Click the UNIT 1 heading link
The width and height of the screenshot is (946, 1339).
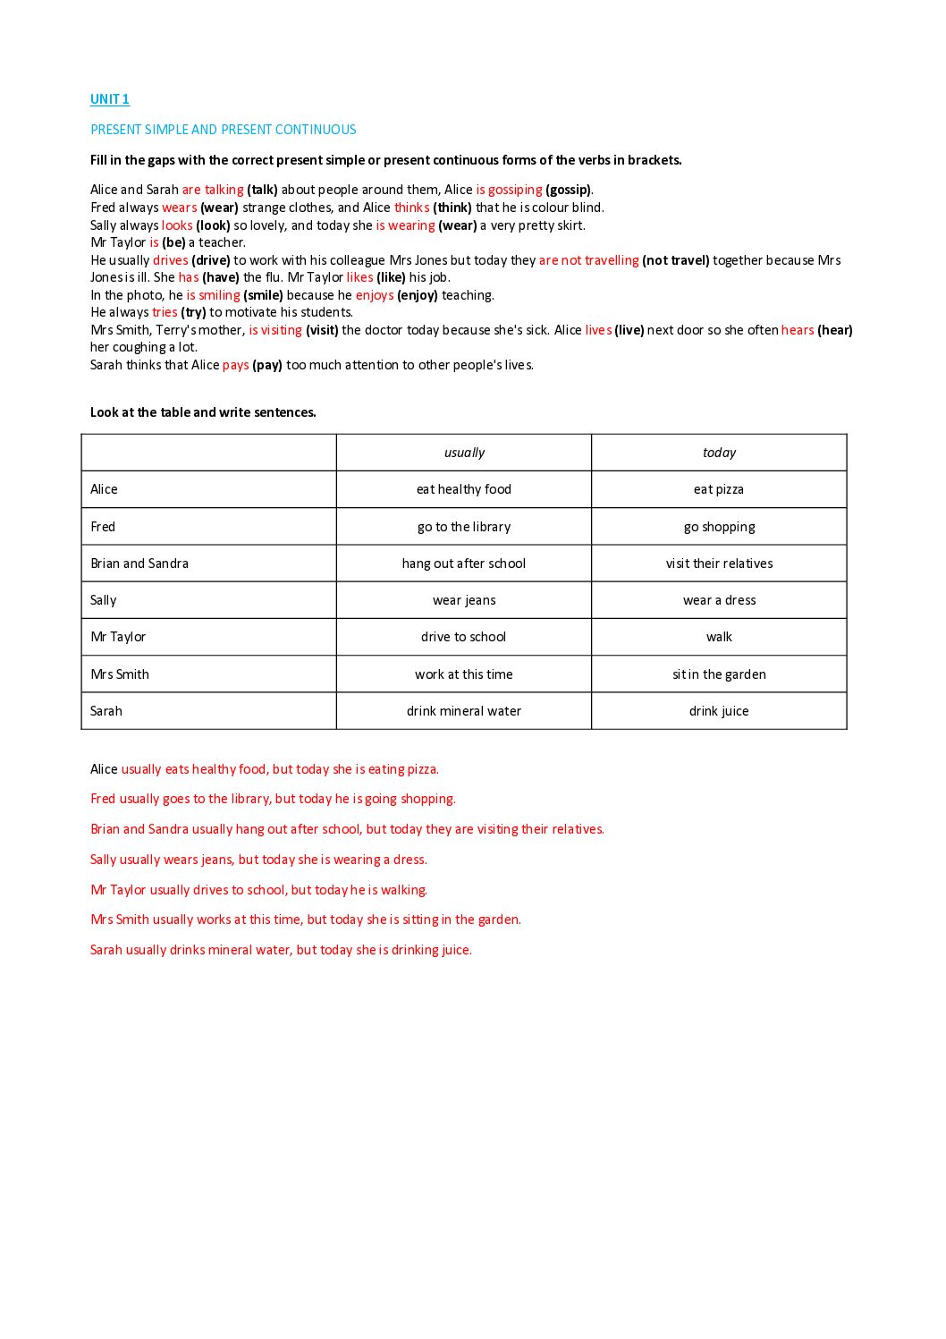110,99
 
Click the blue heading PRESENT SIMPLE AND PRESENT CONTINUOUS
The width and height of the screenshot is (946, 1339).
223,130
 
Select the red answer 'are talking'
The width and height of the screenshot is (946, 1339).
213,190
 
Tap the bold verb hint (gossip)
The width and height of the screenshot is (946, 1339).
568,190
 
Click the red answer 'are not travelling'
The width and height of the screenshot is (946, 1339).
588,260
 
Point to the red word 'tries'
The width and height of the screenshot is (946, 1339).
165,312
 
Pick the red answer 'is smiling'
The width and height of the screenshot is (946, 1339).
213,295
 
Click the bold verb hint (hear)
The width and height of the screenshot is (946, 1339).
835,330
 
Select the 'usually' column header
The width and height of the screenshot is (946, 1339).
464,453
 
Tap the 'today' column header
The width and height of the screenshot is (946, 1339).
719,453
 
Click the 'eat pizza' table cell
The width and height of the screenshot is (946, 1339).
719,489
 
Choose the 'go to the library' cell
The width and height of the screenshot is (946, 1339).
464,527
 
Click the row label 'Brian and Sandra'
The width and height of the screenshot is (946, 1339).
139,564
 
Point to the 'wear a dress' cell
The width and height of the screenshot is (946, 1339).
719,600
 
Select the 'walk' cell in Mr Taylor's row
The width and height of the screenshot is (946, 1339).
719,637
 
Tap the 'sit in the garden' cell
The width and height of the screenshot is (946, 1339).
719,674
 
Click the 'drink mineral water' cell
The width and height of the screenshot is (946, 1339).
464,711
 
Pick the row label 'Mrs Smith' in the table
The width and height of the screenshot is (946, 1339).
120,674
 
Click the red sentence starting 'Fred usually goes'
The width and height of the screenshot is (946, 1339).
273,799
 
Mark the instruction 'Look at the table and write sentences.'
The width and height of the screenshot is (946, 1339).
203,412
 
